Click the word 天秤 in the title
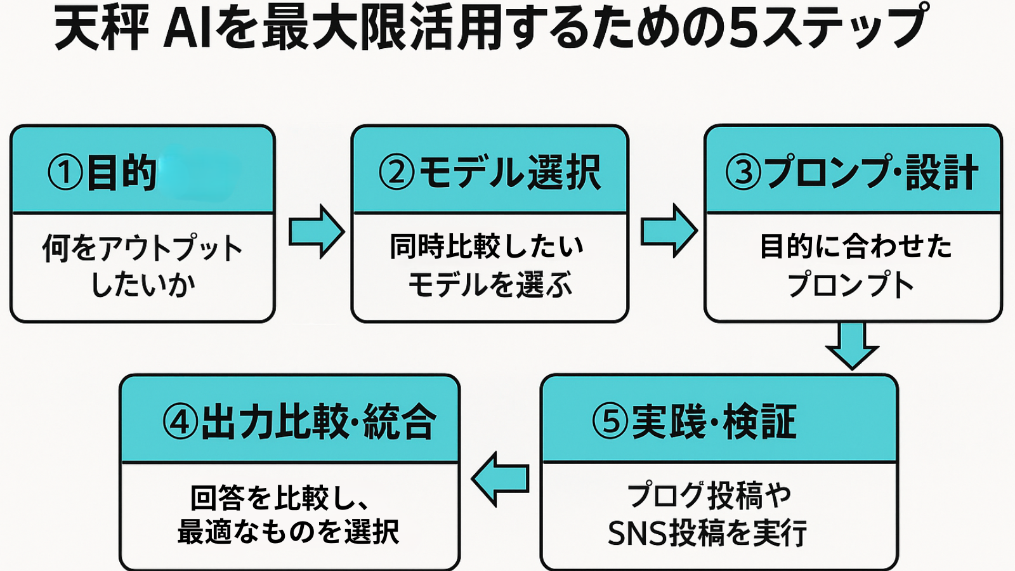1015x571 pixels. [x=101, y=29]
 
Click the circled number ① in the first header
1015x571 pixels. [x=65, y=173]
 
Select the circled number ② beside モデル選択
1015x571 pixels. [x=396, y=173]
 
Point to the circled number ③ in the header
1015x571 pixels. [x=743, y=173]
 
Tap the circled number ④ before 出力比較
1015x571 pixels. [x=180, y=422]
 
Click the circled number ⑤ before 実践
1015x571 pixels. [x=610, y=422]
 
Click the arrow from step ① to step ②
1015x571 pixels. [x=316, y=232]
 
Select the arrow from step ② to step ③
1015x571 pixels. [x=669, y=231]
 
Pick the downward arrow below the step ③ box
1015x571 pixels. [x=852, y=345]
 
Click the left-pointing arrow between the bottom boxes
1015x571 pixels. [x=501, y=479]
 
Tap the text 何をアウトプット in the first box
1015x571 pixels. [x=143, y=247]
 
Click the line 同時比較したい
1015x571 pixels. [x=487, y=246]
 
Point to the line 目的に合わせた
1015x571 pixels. [x=856, y=246]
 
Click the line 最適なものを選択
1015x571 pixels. [x=289, y=532]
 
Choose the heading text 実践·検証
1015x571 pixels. [x=714, y=422]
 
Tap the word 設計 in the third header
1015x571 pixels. [x=941, y=173]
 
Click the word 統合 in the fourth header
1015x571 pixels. [x=400, y=422]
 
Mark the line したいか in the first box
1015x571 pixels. [x=143, y=284]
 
